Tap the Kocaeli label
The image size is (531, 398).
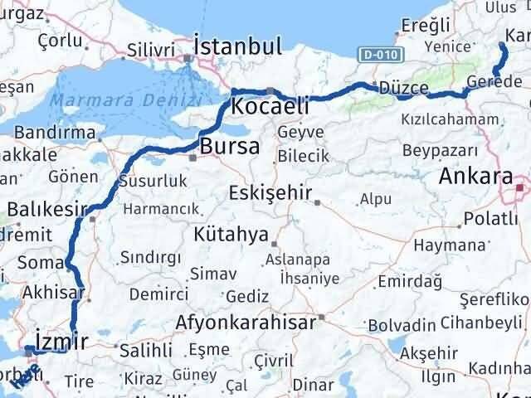click(270, 106)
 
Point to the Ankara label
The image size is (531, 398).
click(475, 176)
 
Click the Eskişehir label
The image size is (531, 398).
click(270, 193)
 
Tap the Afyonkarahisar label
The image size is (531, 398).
click(246, 323)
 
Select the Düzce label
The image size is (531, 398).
click(402, 89)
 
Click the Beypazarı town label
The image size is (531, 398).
click(440, 150)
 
